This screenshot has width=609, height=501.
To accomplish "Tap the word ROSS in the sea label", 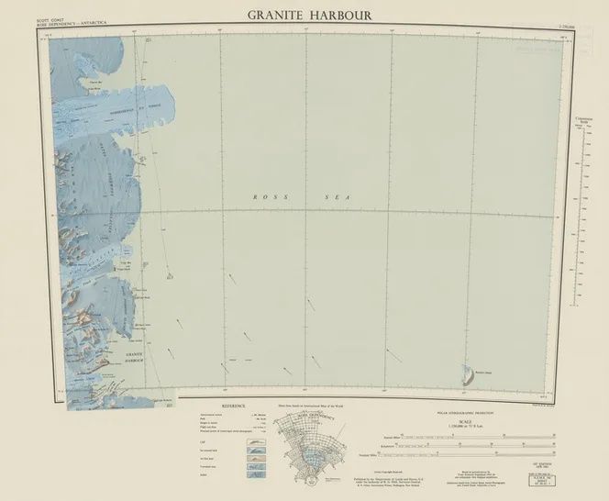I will pyautogui.click(x=265, y=196).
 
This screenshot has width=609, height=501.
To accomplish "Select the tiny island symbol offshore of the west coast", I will pyautogui.click(x=169, y=271).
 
